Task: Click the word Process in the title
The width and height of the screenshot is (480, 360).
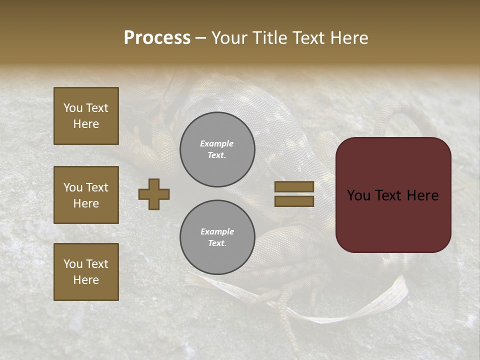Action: (x=157, y=38)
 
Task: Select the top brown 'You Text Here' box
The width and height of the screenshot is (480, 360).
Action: (x=86, y=116)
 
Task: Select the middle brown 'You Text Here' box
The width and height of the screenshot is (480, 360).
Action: (x=86, y=195)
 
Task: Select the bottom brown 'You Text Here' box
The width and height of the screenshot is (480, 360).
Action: (x=86, y=272)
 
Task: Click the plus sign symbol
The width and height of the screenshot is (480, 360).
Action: (x=154, y=194)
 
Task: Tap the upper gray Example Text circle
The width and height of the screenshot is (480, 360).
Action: (x=217, y=149)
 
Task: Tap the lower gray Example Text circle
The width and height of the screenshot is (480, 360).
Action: (x=217, y=237)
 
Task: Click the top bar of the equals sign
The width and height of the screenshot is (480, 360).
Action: (x=294, y=186)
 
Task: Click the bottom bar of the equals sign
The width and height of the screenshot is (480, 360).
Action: (x=294, y=201)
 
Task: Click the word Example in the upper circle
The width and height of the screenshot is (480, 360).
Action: (x=216, y=143)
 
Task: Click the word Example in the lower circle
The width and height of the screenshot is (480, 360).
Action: (x=217, y=231)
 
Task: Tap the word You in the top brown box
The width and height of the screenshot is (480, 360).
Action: (x=72, y=108)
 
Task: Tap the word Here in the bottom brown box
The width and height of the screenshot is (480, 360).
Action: (x=86, y=280)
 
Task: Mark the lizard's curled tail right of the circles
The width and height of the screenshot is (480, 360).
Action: (x=400, y=120)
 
